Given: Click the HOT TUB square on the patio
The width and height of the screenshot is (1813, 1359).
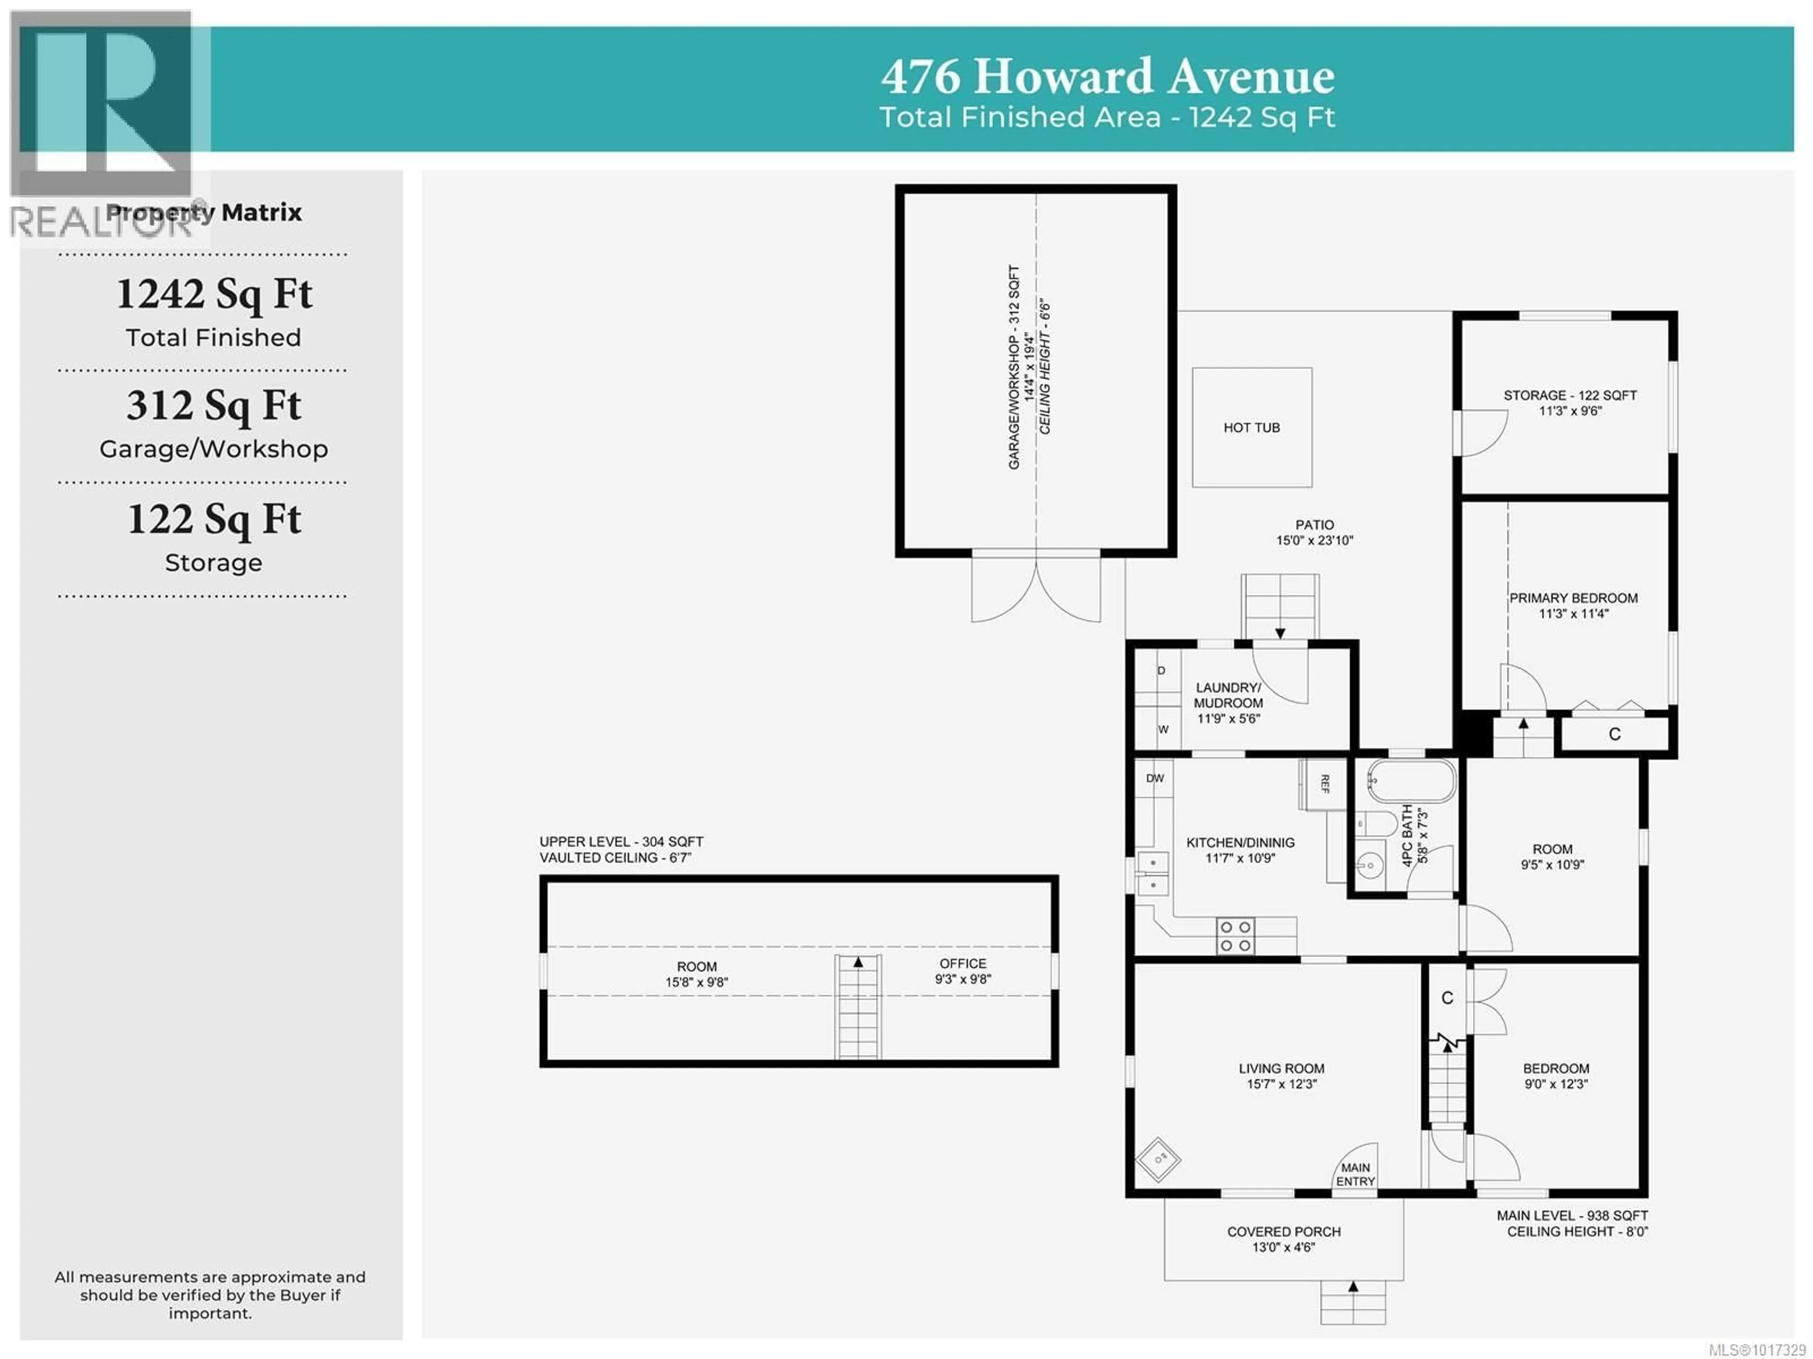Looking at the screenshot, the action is (1252, 427).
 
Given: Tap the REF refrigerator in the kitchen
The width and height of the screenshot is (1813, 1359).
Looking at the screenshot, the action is (1323, 784).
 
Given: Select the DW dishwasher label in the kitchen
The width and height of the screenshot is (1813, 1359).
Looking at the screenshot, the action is (1155, 778).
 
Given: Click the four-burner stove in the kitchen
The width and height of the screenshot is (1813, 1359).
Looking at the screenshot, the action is (1235, 936).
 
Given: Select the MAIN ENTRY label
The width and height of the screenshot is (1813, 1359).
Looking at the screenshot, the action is (1355, 1174).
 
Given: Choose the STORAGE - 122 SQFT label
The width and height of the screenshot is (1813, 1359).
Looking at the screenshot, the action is (1569, 395).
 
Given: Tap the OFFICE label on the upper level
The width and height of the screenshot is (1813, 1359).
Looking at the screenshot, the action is (963, 963).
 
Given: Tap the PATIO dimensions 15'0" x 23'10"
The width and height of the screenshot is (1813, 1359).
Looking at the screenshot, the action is (1315, 540).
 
